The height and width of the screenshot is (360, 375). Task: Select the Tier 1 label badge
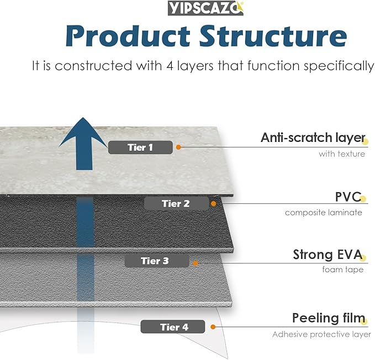click(140, 147)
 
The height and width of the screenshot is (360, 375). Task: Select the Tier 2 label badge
click(176, 204)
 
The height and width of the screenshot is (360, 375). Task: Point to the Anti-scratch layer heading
click(312, 137)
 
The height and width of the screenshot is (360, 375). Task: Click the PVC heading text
click(347, 197)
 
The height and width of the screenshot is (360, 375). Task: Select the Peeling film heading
click(328, 319)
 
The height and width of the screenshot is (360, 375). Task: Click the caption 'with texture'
click(341, 154)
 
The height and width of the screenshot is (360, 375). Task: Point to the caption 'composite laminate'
click(324, 213)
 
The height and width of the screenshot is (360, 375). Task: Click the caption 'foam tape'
click(342, 270)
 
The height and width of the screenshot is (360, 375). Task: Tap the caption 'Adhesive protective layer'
click(321, 335)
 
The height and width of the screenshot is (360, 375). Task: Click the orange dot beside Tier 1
click(178, 147)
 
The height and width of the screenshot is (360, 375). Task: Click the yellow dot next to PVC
click(363, 199)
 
